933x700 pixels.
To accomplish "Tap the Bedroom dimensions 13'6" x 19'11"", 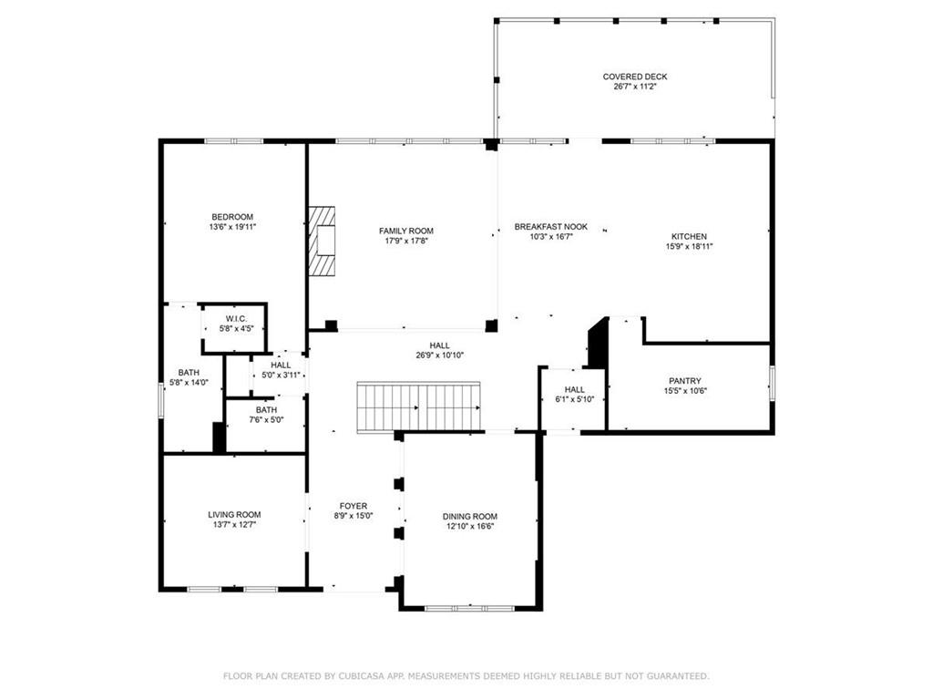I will (231, 227).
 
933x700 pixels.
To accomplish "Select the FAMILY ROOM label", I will (406, 231).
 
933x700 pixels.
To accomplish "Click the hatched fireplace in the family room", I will (322, 240).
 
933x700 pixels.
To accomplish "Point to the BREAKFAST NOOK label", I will (551, 226).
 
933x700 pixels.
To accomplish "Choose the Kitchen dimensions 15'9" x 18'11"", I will (689, 246).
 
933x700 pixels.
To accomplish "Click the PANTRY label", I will (684, 381).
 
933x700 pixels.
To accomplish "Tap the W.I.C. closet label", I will (235, 318).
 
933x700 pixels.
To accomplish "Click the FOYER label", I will (354, 506).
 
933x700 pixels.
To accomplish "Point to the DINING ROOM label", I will (470, 516).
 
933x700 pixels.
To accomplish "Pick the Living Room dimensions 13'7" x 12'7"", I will (234, 524).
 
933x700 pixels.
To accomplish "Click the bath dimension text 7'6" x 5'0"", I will (266, 420).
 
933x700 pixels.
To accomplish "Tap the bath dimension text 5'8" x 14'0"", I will (189, 383).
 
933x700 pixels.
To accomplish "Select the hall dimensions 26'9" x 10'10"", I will (440, 355).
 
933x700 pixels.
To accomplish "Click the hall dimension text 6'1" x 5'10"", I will (574, 399).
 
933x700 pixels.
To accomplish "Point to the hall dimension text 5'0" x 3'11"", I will (281, 375).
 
